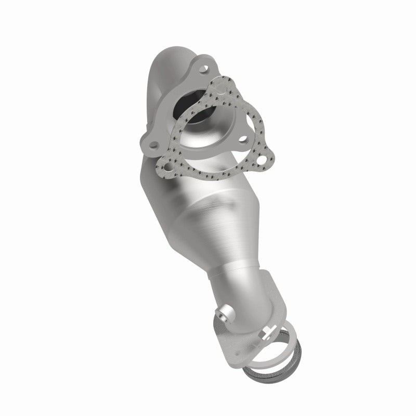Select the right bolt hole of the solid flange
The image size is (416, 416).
pos(243,125)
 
